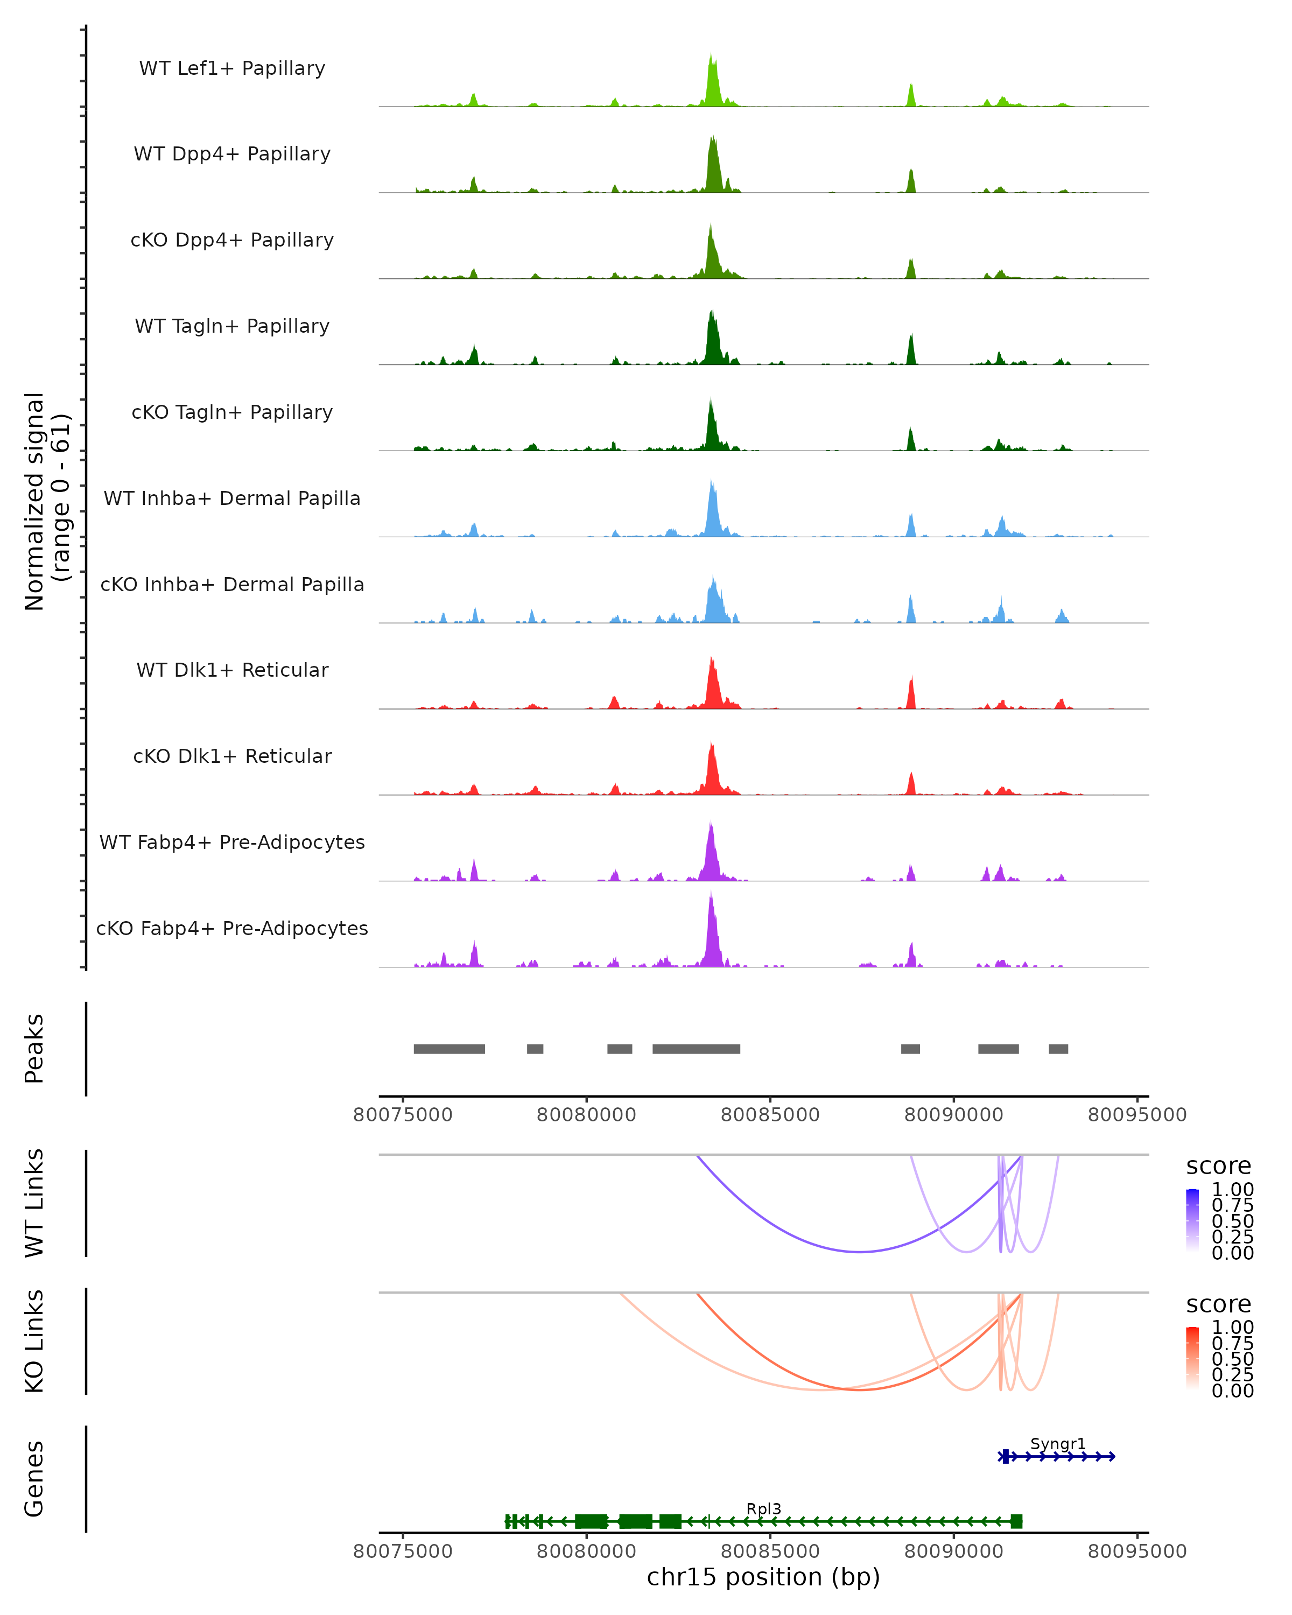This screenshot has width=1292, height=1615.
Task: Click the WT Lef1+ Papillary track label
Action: [x=232, y=68]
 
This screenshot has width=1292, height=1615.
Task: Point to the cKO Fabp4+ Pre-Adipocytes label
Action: [x=232, y=928]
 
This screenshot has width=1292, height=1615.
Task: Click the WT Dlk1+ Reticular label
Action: [x=232, y=670]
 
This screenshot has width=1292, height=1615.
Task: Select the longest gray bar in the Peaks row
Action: [x=696, y=1049]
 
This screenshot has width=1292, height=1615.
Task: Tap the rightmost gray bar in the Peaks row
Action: [x=1058, y=1049]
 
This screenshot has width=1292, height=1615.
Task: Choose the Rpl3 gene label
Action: [x=763, y=1508]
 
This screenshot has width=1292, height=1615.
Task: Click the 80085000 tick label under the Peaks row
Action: [x=770, y=1115]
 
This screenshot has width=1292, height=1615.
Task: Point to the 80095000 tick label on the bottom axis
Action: [x=1137, y=1551]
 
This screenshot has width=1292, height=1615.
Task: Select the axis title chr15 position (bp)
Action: [x=763, y=1577]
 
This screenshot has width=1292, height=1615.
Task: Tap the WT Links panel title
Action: [x=34, y=1203]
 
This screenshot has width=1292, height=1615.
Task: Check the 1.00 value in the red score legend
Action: [x=1232, y=1328]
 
